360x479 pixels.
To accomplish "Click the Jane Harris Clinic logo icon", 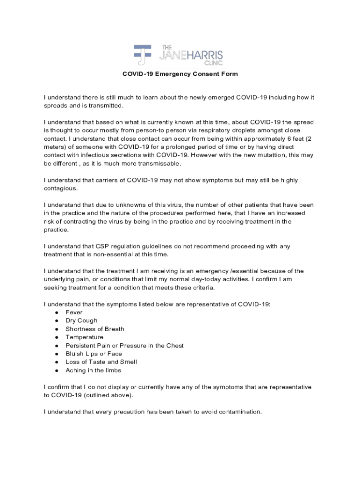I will [x=143, y=55].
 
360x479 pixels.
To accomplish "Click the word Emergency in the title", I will [x=172, y=74].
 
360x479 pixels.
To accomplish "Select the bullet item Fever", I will [x=74, y=312].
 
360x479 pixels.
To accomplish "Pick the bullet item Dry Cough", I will [x=81, y=321].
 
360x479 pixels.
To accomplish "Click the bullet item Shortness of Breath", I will [x=94, y=329].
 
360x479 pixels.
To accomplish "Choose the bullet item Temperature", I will [x=84, y=337].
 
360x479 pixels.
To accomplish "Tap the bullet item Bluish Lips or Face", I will [x=94, y=354].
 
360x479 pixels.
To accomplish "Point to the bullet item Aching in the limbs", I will [x=93, y=370].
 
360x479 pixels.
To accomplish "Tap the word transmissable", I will [x=157, y=164].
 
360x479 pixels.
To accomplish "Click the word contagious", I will [x=60, y=189].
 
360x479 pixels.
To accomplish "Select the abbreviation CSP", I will [x=103, y=247].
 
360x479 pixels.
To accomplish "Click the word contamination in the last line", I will [x=238, y=412].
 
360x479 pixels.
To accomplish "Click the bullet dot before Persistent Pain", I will [x=56, y=346].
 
